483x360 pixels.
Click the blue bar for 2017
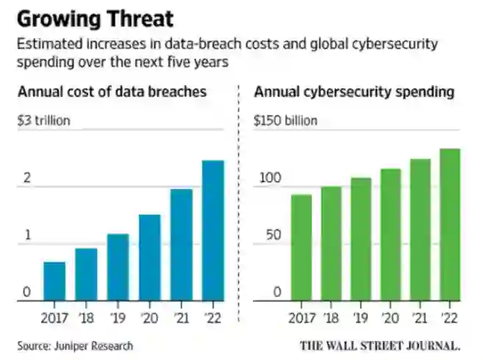[54, 281]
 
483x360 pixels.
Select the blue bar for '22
[212, 231]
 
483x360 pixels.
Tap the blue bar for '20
[149, 258]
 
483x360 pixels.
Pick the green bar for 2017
[301, 248]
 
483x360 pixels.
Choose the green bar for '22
[450, 225]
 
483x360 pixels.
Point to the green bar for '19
[361, 240]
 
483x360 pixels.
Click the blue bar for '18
[86, 275]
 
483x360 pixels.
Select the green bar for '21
[420, 230]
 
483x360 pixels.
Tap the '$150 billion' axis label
[286, 120]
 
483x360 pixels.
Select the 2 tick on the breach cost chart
[26, 179]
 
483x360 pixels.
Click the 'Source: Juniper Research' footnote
[76, 345]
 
